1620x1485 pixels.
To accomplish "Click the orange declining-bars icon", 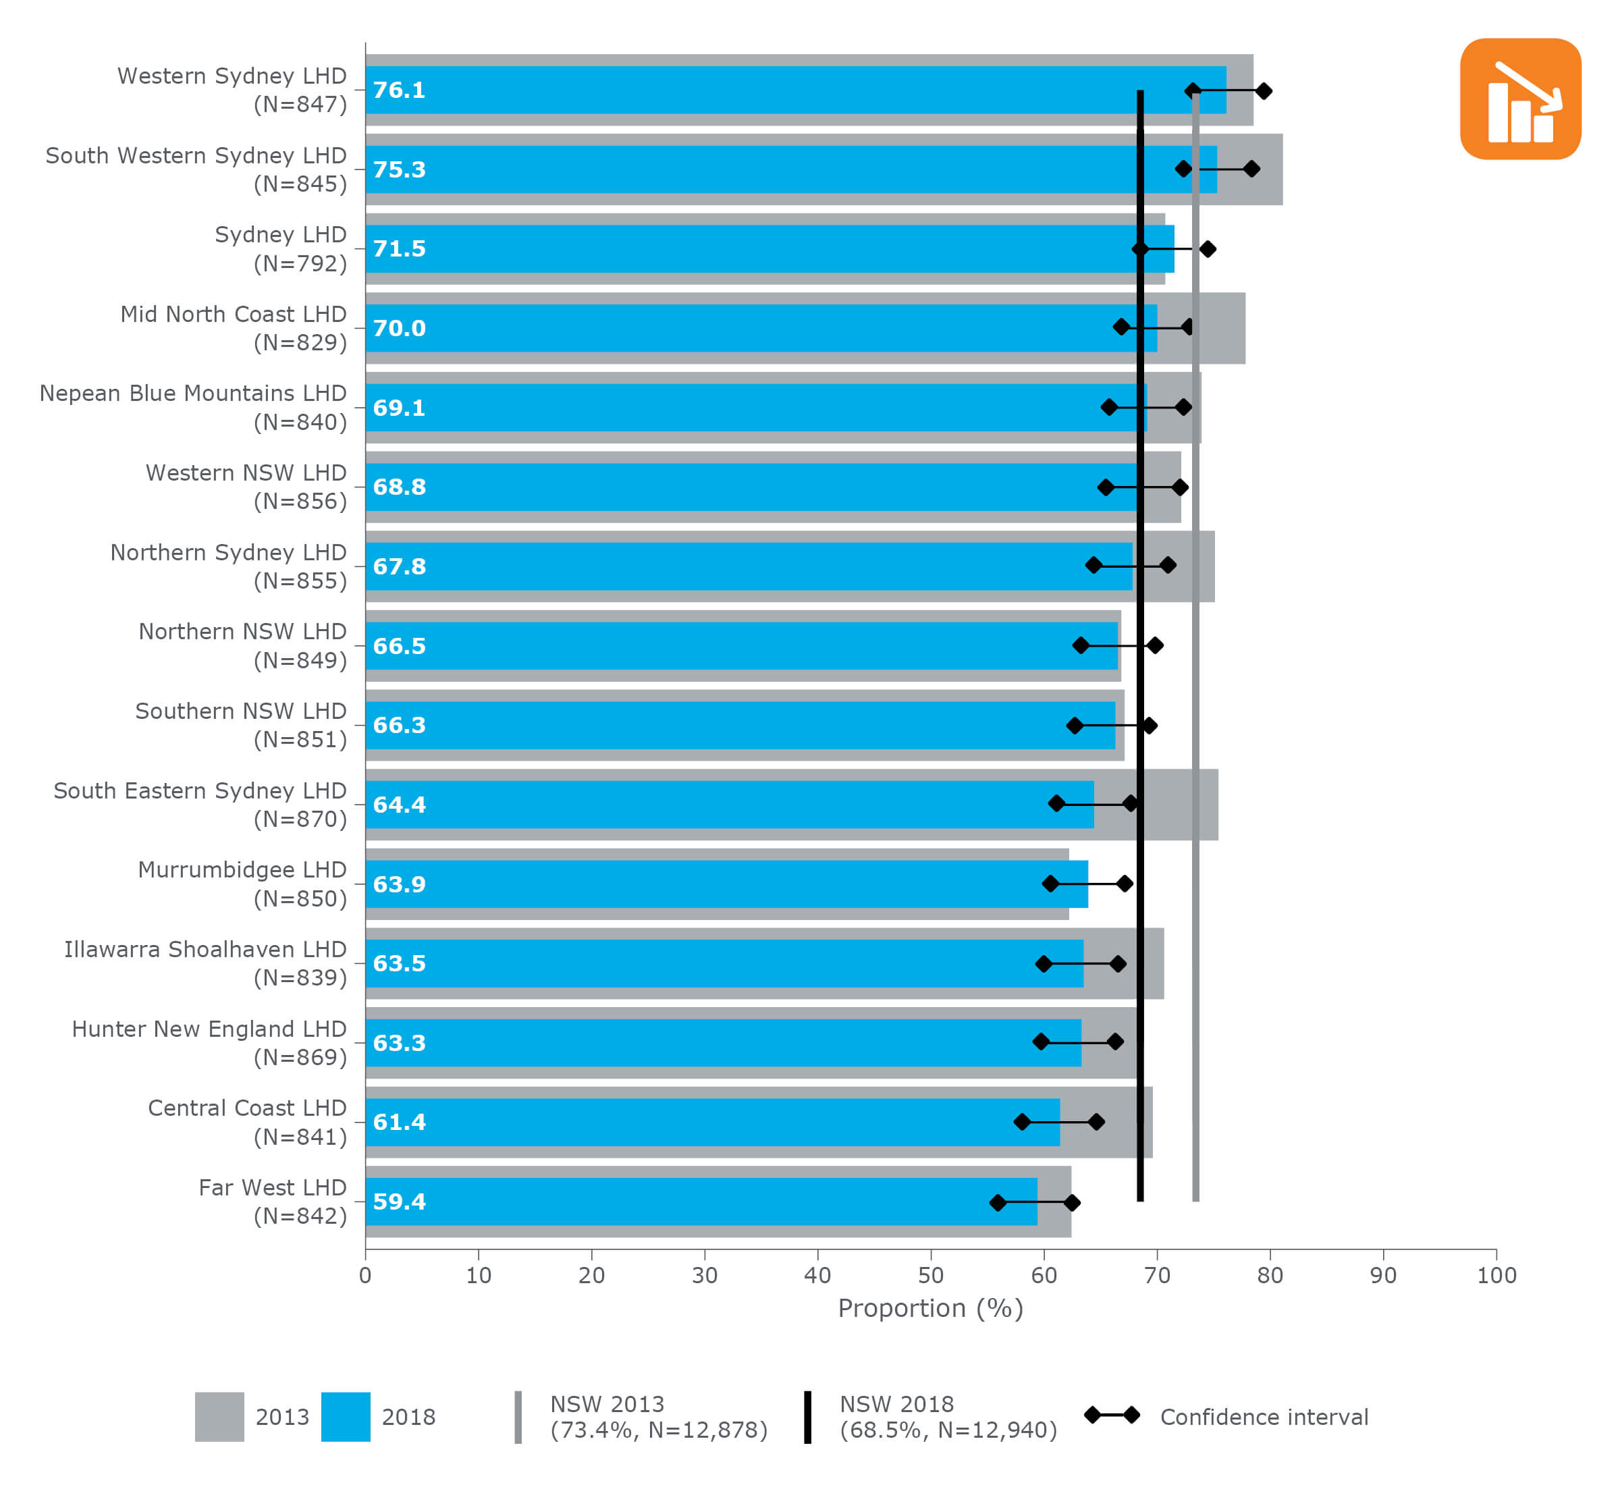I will [1519, 99].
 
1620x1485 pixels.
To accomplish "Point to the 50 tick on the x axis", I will [931, 1275].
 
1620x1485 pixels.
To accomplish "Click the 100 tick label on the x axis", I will [1495, 1275].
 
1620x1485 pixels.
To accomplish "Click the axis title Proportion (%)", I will [931, 1308].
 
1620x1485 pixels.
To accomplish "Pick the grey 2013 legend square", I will [219, 1417].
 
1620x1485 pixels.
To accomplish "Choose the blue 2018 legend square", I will [346, 1417].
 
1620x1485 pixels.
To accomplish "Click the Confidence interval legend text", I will [1263, 1417].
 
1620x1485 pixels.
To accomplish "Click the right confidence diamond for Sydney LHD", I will [1207, 249].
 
